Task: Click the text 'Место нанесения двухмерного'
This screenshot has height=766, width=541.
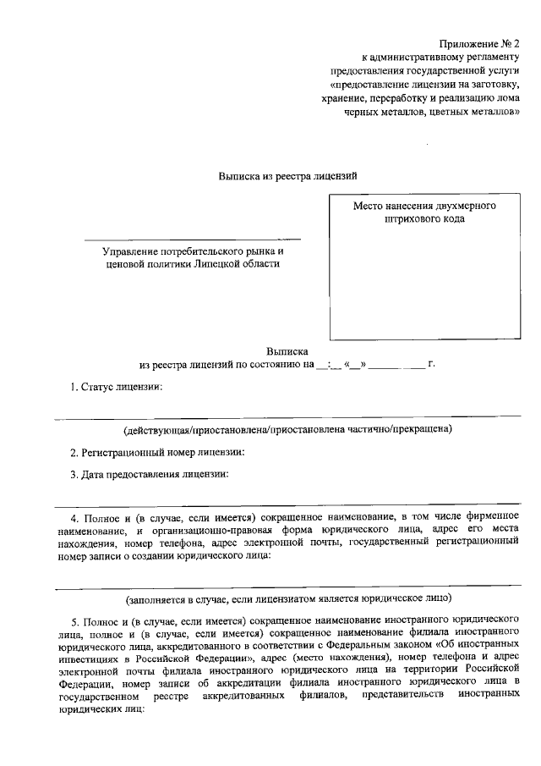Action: (424, 206)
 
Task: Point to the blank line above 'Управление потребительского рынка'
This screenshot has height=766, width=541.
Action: (192, 240)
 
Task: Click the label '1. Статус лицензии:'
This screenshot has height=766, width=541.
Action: (116, 387)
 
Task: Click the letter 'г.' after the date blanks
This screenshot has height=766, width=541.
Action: (431, 364)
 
